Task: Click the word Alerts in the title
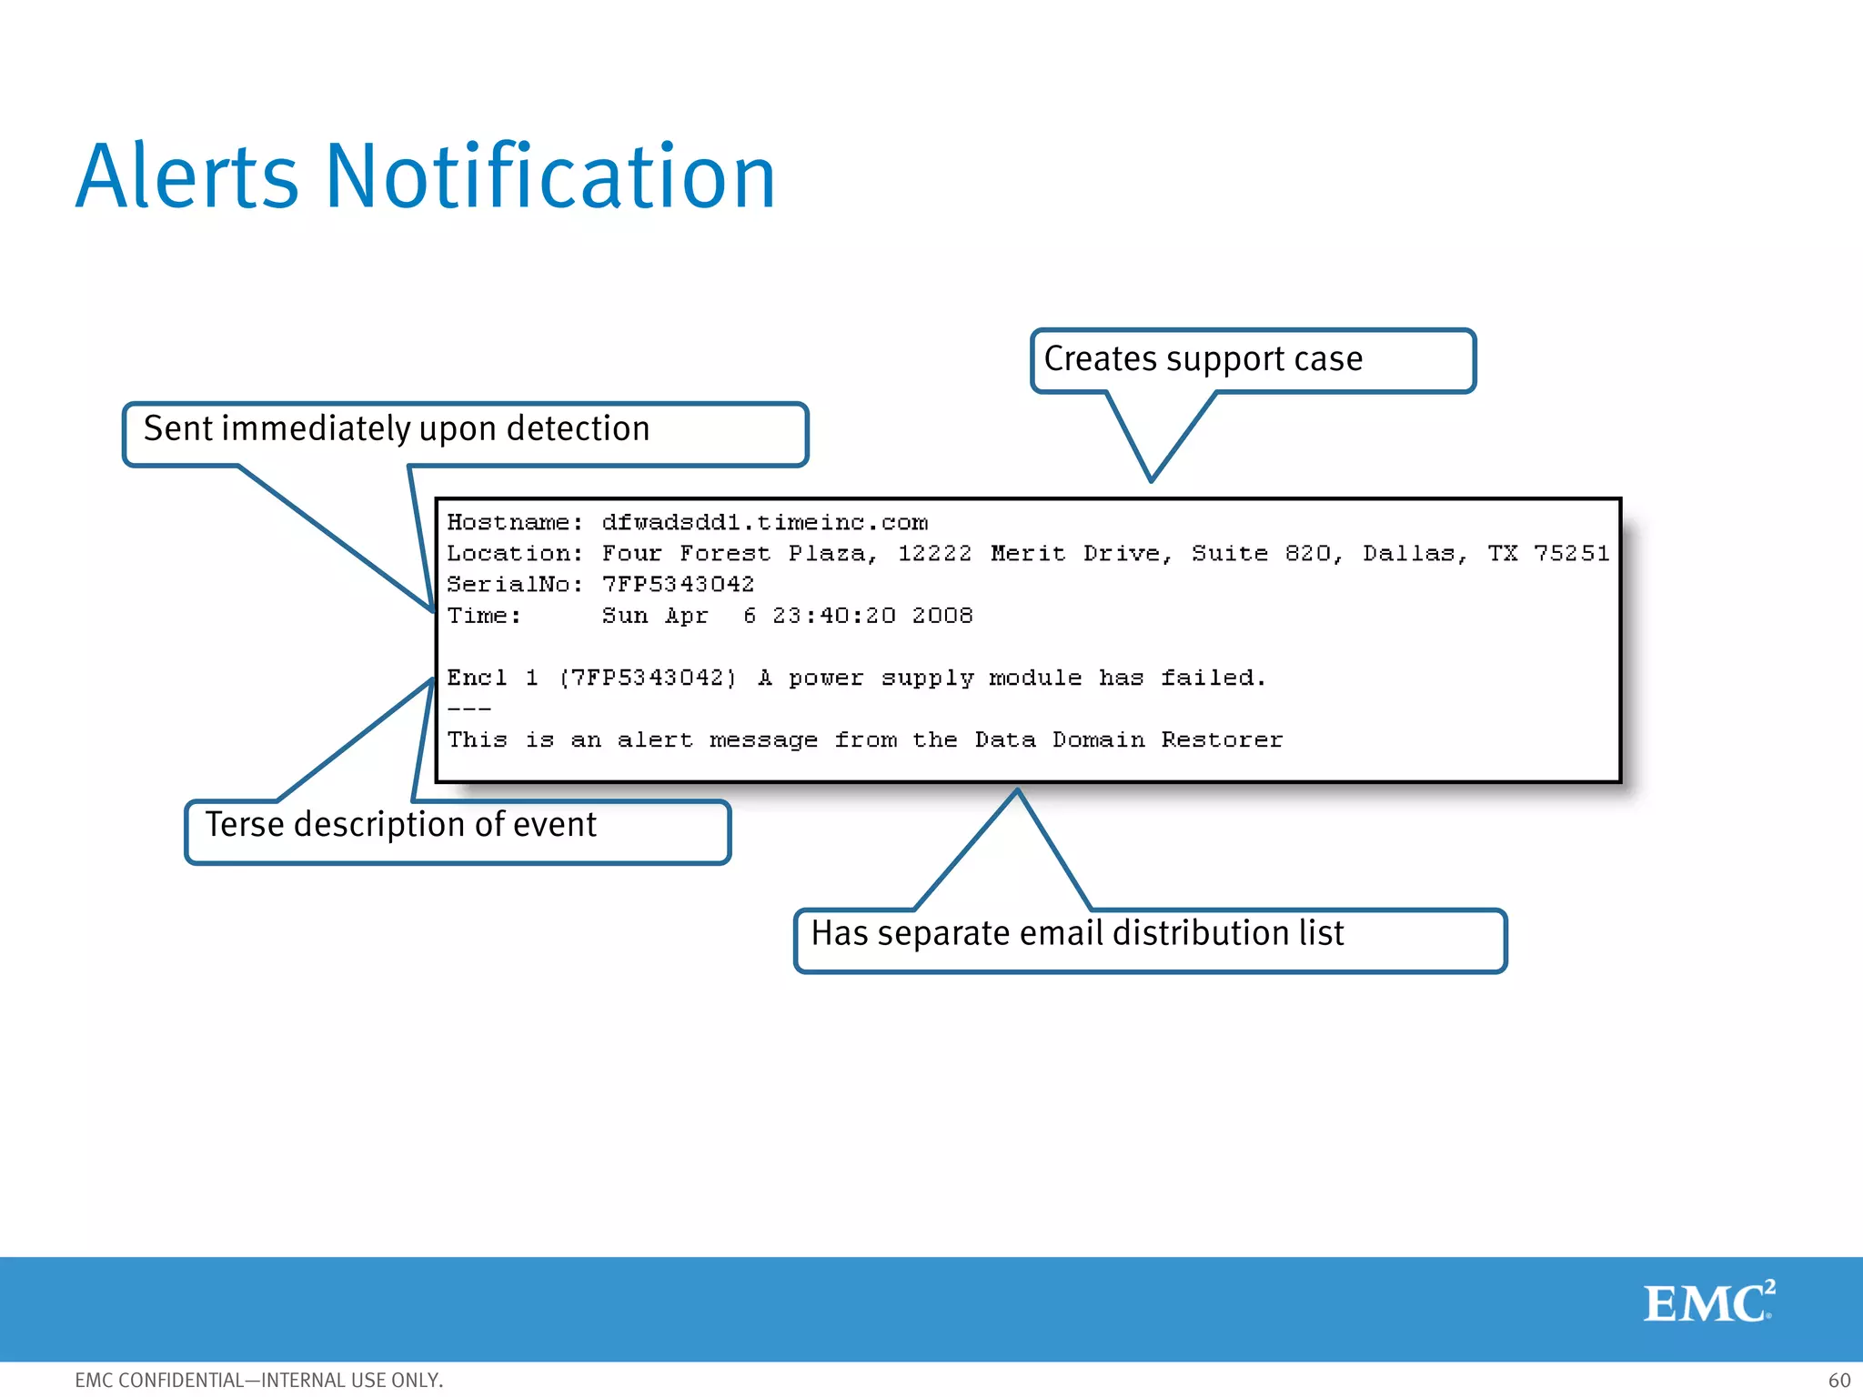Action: (x=186, y=177)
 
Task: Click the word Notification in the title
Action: (x=550, y=177)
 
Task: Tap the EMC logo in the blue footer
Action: (x=1708, y=1302)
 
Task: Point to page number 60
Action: (x=1838, y=1380)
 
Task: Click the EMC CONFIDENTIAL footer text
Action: (x=258, y=1380)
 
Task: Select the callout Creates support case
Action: (x=1203, y=359)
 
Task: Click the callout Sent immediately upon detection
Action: (x=397, y=429)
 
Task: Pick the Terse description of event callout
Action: (x=400, y=825)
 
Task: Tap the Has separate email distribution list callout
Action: (x=1077, y=934)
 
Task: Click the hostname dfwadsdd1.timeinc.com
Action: (x=764, y=523)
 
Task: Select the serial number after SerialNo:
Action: (x=678, y=585)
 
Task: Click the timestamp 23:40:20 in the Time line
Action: (x=833, y=616)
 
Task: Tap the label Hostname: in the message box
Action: (x=514, y=523)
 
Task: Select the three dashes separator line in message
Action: (x=469, y=709)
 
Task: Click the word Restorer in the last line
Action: (x=1222, y=740)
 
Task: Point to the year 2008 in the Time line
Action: (x=942, y=616)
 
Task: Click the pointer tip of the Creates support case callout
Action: (x=1151, y=478)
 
